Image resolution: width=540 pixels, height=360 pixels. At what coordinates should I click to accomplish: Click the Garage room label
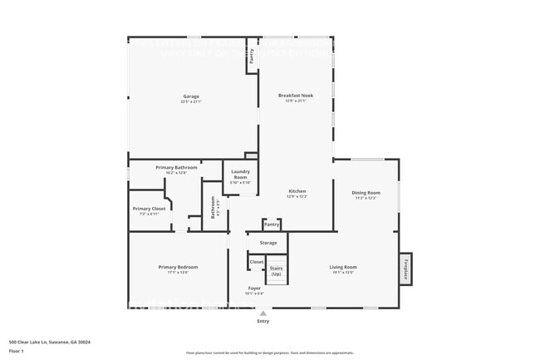[191, 97]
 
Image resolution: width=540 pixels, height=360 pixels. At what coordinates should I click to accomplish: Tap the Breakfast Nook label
[296, 96]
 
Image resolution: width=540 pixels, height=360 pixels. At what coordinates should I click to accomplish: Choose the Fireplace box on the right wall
[405, 269]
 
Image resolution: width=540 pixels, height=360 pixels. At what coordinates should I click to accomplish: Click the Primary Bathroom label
[176, 168]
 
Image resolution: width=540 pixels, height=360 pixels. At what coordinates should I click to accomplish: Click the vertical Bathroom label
[214, 206]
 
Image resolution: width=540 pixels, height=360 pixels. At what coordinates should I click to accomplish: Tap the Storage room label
[268, 243]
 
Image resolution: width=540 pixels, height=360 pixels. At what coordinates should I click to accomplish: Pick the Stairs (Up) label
[276, 270]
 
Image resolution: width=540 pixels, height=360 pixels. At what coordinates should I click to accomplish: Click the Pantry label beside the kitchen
[271, 224]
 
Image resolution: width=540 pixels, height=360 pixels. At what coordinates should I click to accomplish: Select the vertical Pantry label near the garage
[252, 57]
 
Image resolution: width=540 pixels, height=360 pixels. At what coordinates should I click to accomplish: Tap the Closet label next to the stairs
[257, 262]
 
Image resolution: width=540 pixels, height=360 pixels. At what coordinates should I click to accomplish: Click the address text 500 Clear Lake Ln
[50, 341]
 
